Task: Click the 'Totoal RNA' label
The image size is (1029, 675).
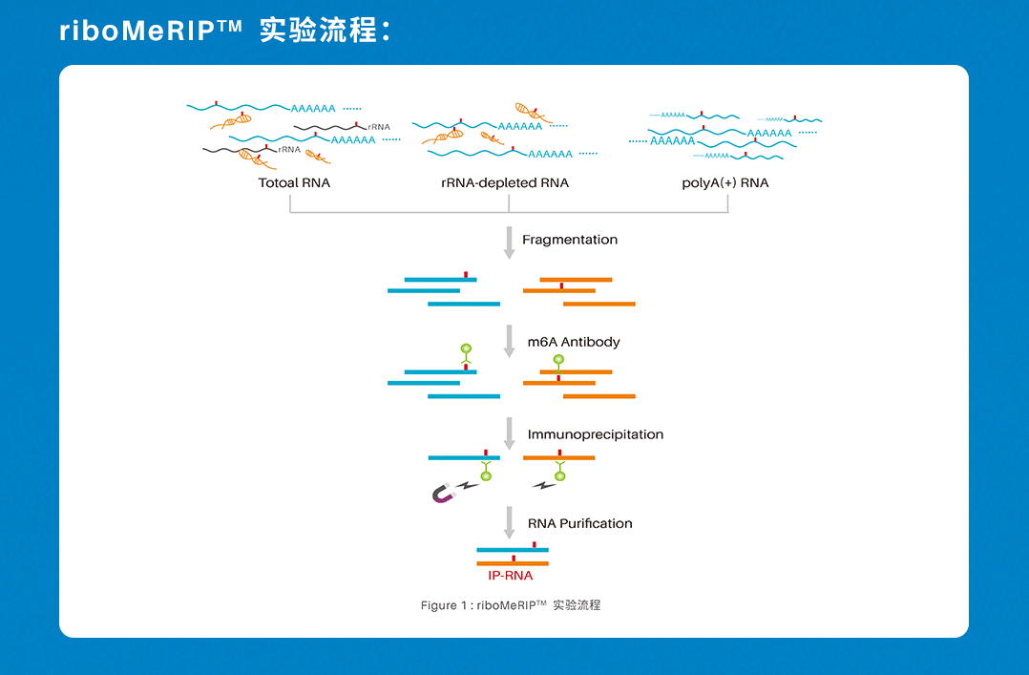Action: [x=294, y=182]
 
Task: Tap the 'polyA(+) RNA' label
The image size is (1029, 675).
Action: [x=724, y=182]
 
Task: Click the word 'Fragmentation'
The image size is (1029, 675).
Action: [x=570, y=240]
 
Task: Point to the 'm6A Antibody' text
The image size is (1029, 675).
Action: [x=574, y=342]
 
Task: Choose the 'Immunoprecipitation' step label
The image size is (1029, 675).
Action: [x=596, y=434]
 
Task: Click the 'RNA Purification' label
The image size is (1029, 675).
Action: [x=580, y=523]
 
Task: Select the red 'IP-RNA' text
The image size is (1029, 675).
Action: [x=511, y=576]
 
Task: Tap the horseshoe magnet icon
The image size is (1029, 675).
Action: [x=444, y=494]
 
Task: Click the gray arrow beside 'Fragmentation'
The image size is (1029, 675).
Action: [x=509, y=243]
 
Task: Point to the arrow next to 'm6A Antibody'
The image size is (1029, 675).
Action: [x=509, y=341]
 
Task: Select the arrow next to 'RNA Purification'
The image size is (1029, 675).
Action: [x=509, y=522]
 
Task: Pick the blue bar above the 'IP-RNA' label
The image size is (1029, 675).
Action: [x=513, y=550]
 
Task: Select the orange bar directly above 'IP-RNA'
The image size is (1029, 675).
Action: [x=513, y=563]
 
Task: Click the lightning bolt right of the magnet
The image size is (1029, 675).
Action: [x=470, y=487]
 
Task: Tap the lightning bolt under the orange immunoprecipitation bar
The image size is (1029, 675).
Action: [x=543, y=486]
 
